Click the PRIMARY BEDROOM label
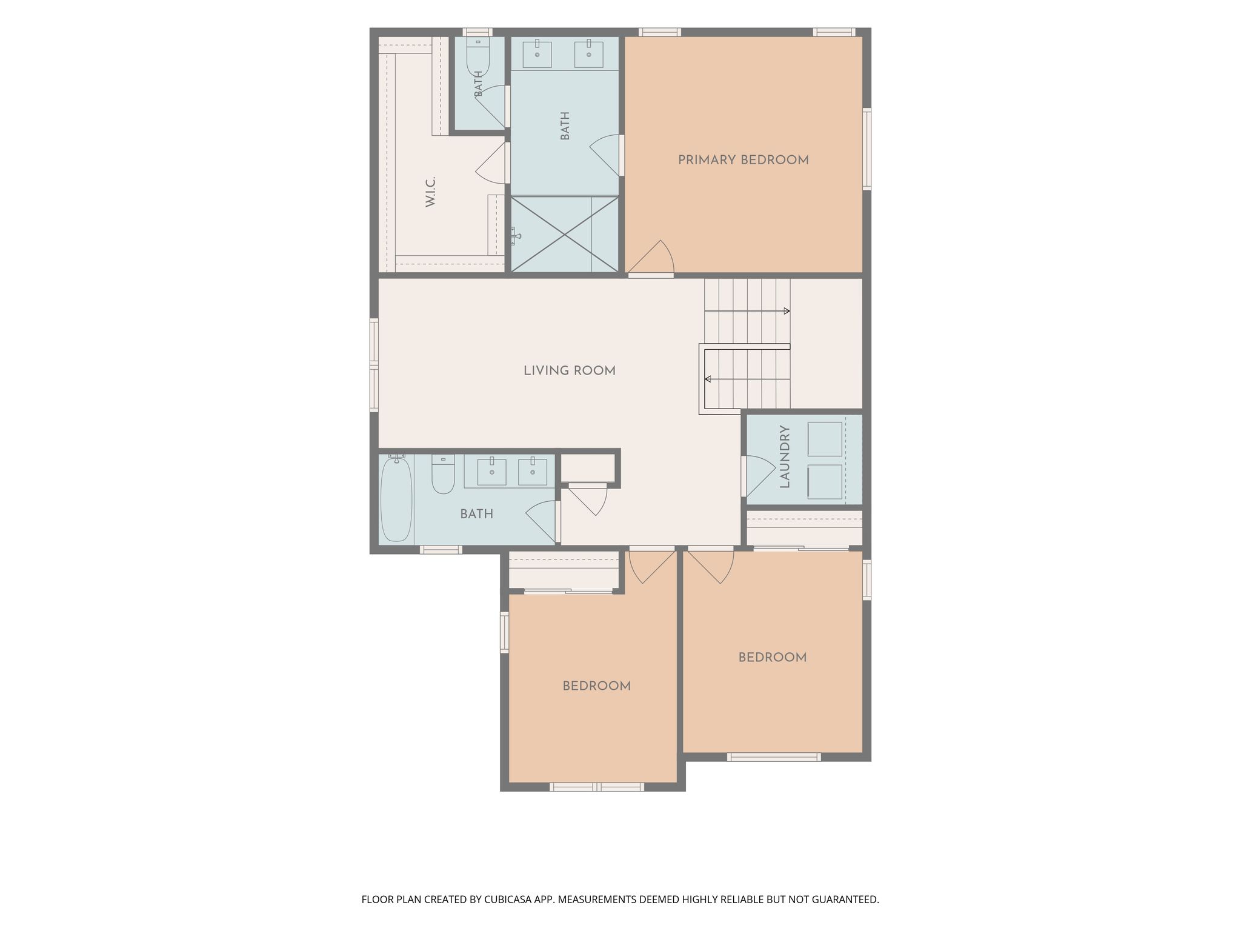743,160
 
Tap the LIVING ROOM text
570,371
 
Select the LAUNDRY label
785,456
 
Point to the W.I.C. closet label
431,192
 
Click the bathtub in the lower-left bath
396,498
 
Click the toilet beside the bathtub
443,474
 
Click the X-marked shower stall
565,234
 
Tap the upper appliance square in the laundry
825,439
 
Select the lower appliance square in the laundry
825,482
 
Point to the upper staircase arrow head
787,311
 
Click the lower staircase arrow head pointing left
708,379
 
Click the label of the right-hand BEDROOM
772,658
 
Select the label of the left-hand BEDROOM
597,686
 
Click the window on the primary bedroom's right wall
867,149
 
